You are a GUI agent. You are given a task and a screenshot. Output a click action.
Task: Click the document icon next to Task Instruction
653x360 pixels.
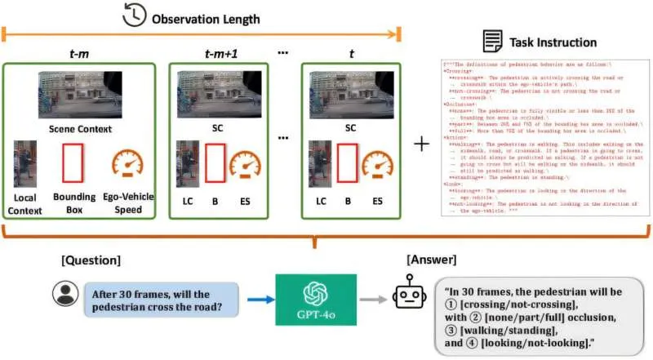click(491, 41)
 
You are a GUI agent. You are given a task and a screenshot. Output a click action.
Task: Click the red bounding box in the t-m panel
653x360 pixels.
click(73, 162)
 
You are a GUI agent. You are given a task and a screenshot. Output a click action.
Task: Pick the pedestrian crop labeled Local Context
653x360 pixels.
click(25, 163)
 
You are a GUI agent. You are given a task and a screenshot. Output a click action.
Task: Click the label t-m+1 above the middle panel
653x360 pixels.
click(220, 55)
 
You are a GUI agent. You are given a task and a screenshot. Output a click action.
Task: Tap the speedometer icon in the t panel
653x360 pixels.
click(377, 166)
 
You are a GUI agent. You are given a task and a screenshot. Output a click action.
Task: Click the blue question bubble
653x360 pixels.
click(160, 300)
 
